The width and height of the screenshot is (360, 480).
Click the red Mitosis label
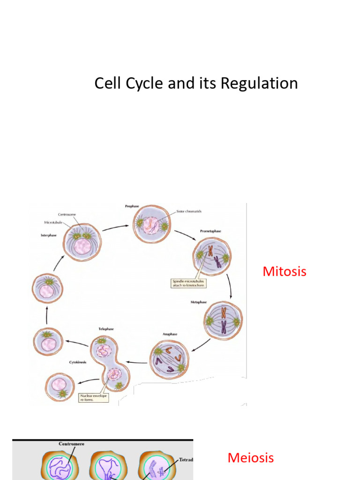tap(285, 271)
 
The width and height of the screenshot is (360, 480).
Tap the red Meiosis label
tap(250, 458)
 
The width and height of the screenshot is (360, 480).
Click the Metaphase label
tap(199, 302)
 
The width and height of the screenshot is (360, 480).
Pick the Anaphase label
tap(169, 334)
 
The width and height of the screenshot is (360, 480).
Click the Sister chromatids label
tap(189, 211)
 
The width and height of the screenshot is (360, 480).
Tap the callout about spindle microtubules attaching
tap(188, 284)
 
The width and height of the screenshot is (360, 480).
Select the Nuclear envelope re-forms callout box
tap(94, 398)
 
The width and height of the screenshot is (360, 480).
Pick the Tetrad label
tap(186, 460)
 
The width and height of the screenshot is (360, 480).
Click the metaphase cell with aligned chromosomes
tap(223, 321)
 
